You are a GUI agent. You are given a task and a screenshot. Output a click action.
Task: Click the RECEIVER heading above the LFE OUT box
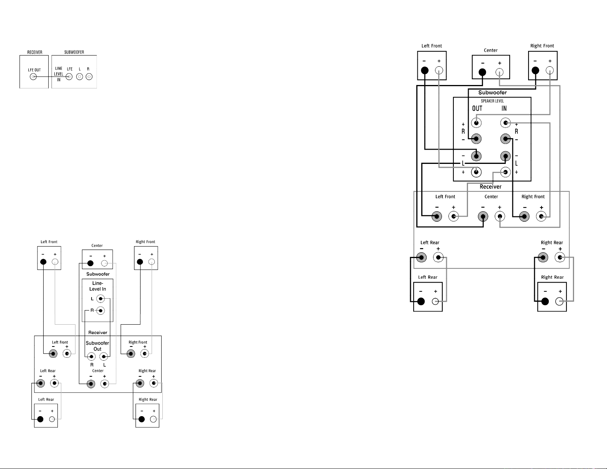pyautogui.click(x=34, y=52)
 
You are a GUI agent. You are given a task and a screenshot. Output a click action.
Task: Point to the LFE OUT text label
pyautogui.click(x=34, y=70)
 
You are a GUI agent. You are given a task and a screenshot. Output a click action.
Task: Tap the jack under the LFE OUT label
pyautogui.click(x=33, y=77)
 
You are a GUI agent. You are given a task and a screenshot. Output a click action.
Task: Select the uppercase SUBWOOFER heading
pyautogui.click(x=74, y=52)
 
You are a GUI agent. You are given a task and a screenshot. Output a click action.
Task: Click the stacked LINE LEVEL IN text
pyautogui.click(x=59, y=74)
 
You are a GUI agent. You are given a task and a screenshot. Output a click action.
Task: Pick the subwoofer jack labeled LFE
pyautogui.click(x=69, y=77)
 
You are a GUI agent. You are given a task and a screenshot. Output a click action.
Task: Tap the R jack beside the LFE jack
pyautogui.click(x=89, y=77)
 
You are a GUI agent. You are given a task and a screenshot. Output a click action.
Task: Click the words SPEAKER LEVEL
pyautogui.click(x=492, y=101)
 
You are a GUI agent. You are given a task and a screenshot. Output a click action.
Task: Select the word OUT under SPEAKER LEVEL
pyautogui.click(x=477, y=108)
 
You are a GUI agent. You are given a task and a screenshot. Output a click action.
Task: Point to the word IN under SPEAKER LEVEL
pyautogui.click(x=504, y=108)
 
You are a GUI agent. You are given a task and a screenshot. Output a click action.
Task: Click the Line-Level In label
pyautogui.click(x=98, y=286)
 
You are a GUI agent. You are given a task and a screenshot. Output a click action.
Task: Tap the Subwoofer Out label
pyautogui.click(x=97, y=346)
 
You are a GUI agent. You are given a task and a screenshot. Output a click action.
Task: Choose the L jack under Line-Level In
pyautogui.click(x=101, y=299)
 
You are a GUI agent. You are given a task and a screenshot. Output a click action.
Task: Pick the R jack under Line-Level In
pyautogui.click(x=101, y=310)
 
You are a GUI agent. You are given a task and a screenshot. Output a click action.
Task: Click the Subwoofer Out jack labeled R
pyautogui.click(x=91, y=356)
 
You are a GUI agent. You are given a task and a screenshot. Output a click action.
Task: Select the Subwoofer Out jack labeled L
pyautogui.click(x=104, y=356)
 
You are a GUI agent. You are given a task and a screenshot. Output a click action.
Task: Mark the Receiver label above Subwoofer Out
pyautogui.click(x=98, y=332)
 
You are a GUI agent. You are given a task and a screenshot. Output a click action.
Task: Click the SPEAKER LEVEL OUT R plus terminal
pyautogui.click(x=476, y=123)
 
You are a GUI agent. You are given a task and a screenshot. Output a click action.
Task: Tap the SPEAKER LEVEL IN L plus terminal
pyautogui.click(x=505, y=172)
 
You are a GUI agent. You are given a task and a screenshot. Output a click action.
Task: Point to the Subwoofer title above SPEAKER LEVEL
pyautogui.click(x=492, y=92)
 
